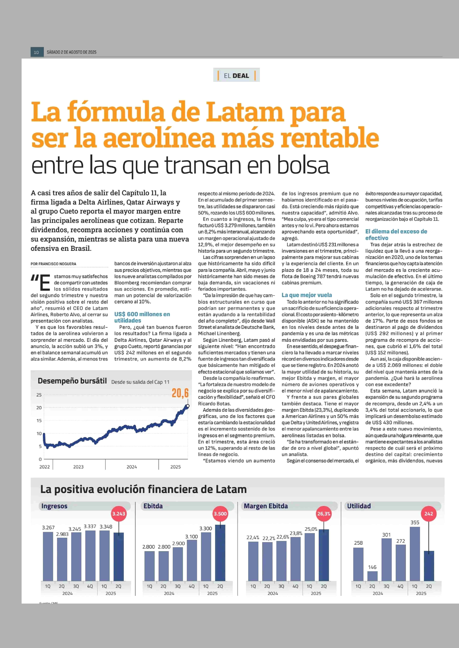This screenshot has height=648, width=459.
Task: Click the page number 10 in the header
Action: pos(36,52)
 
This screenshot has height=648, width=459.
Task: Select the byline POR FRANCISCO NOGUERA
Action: pos(53,264)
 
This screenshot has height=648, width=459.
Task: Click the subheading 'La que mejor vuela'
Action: pos(307,295)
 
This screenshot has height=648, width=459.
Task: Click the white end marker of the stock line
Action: pos(188,406)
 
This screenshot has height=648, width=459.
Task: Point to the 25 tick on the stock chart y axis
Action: pos(39,395)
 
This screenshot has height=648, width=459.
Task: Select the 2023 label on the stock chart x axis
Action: pos(78,467)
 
